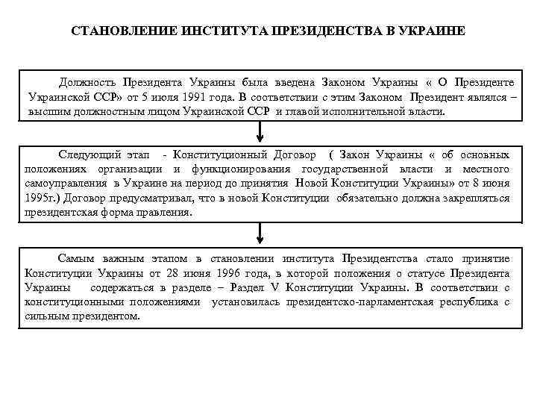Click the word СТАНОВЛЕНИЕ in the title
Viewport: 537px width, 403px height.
(x=113, y=31)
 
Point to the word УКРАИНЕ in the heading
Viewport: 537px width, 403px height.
(x=436, y=31)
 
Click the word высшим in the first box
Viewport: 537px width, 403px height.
(x=45, y=112)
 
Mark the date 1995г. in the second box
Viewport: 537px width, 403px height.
(x=43, y=198)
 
